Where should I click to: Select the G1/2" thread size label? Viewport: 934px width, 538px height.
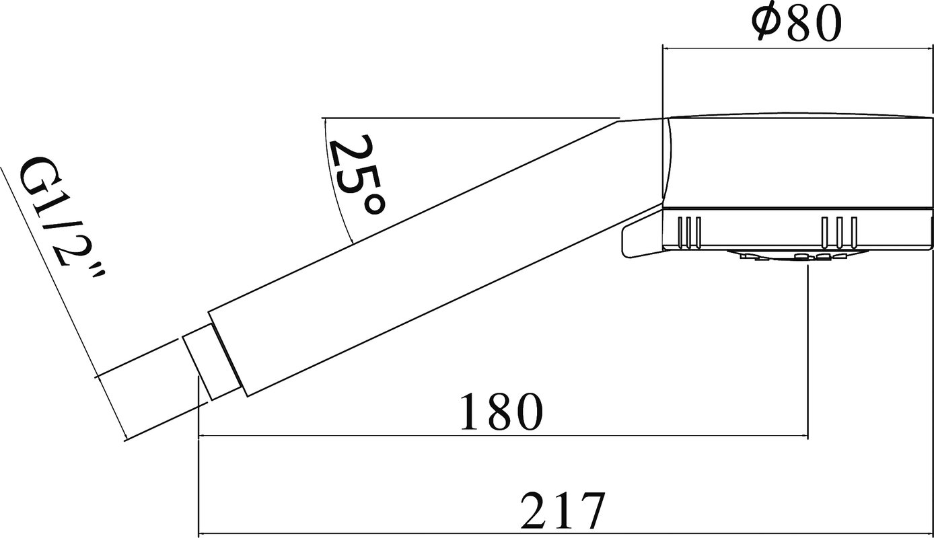63,219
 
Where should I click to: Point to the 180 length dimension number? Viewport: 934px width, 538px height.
501,412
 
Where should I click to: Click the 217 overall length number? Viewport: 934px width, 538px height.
563,510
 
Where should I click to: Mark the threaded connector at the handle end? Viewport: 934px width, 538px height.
212,362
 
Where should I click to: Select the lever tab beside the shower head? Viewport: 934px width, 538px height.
642,234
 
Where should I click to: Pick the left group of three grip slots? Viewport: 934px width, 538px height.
690,233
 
